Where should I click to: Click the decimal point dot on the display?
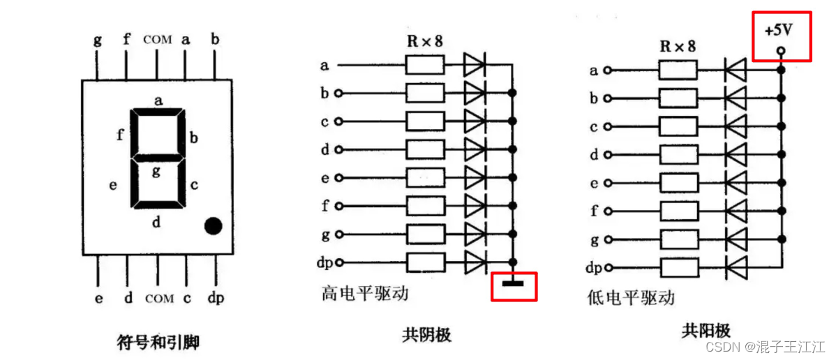click(x=213, y=225)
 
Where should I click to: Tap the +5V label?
click(x=781, y=32)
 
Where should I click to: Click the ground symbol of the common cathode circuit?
click(x=513, y=283)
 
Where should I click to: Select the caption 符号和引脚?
click(x=158, y=343)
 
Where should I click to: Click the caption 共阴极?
click(x=426, y=335)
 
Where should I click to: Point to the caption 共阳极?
click(x=706, y=330)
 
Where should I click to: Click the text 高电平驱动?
click(x=365, y=294)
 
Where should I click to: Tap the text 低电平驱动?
click(x=632, y=298)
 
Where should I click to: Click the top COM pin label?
click(x=157, y=40)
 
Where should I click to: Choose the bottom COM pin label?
click(x=159, y=299)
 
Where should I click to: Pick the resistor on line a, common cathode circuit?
click(x=424, y=66)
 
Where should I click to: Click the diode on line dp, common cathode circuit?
click(x=475, y=263)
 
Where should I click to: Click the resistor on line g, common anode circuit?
click(x=677, y=239)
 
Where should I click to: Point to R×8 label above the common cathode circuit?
click(x=424, y=41)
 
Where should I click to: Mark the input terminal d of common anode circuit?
click(x=608, y=155)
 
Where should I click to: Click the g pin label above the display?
click(x=97, y=39)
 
